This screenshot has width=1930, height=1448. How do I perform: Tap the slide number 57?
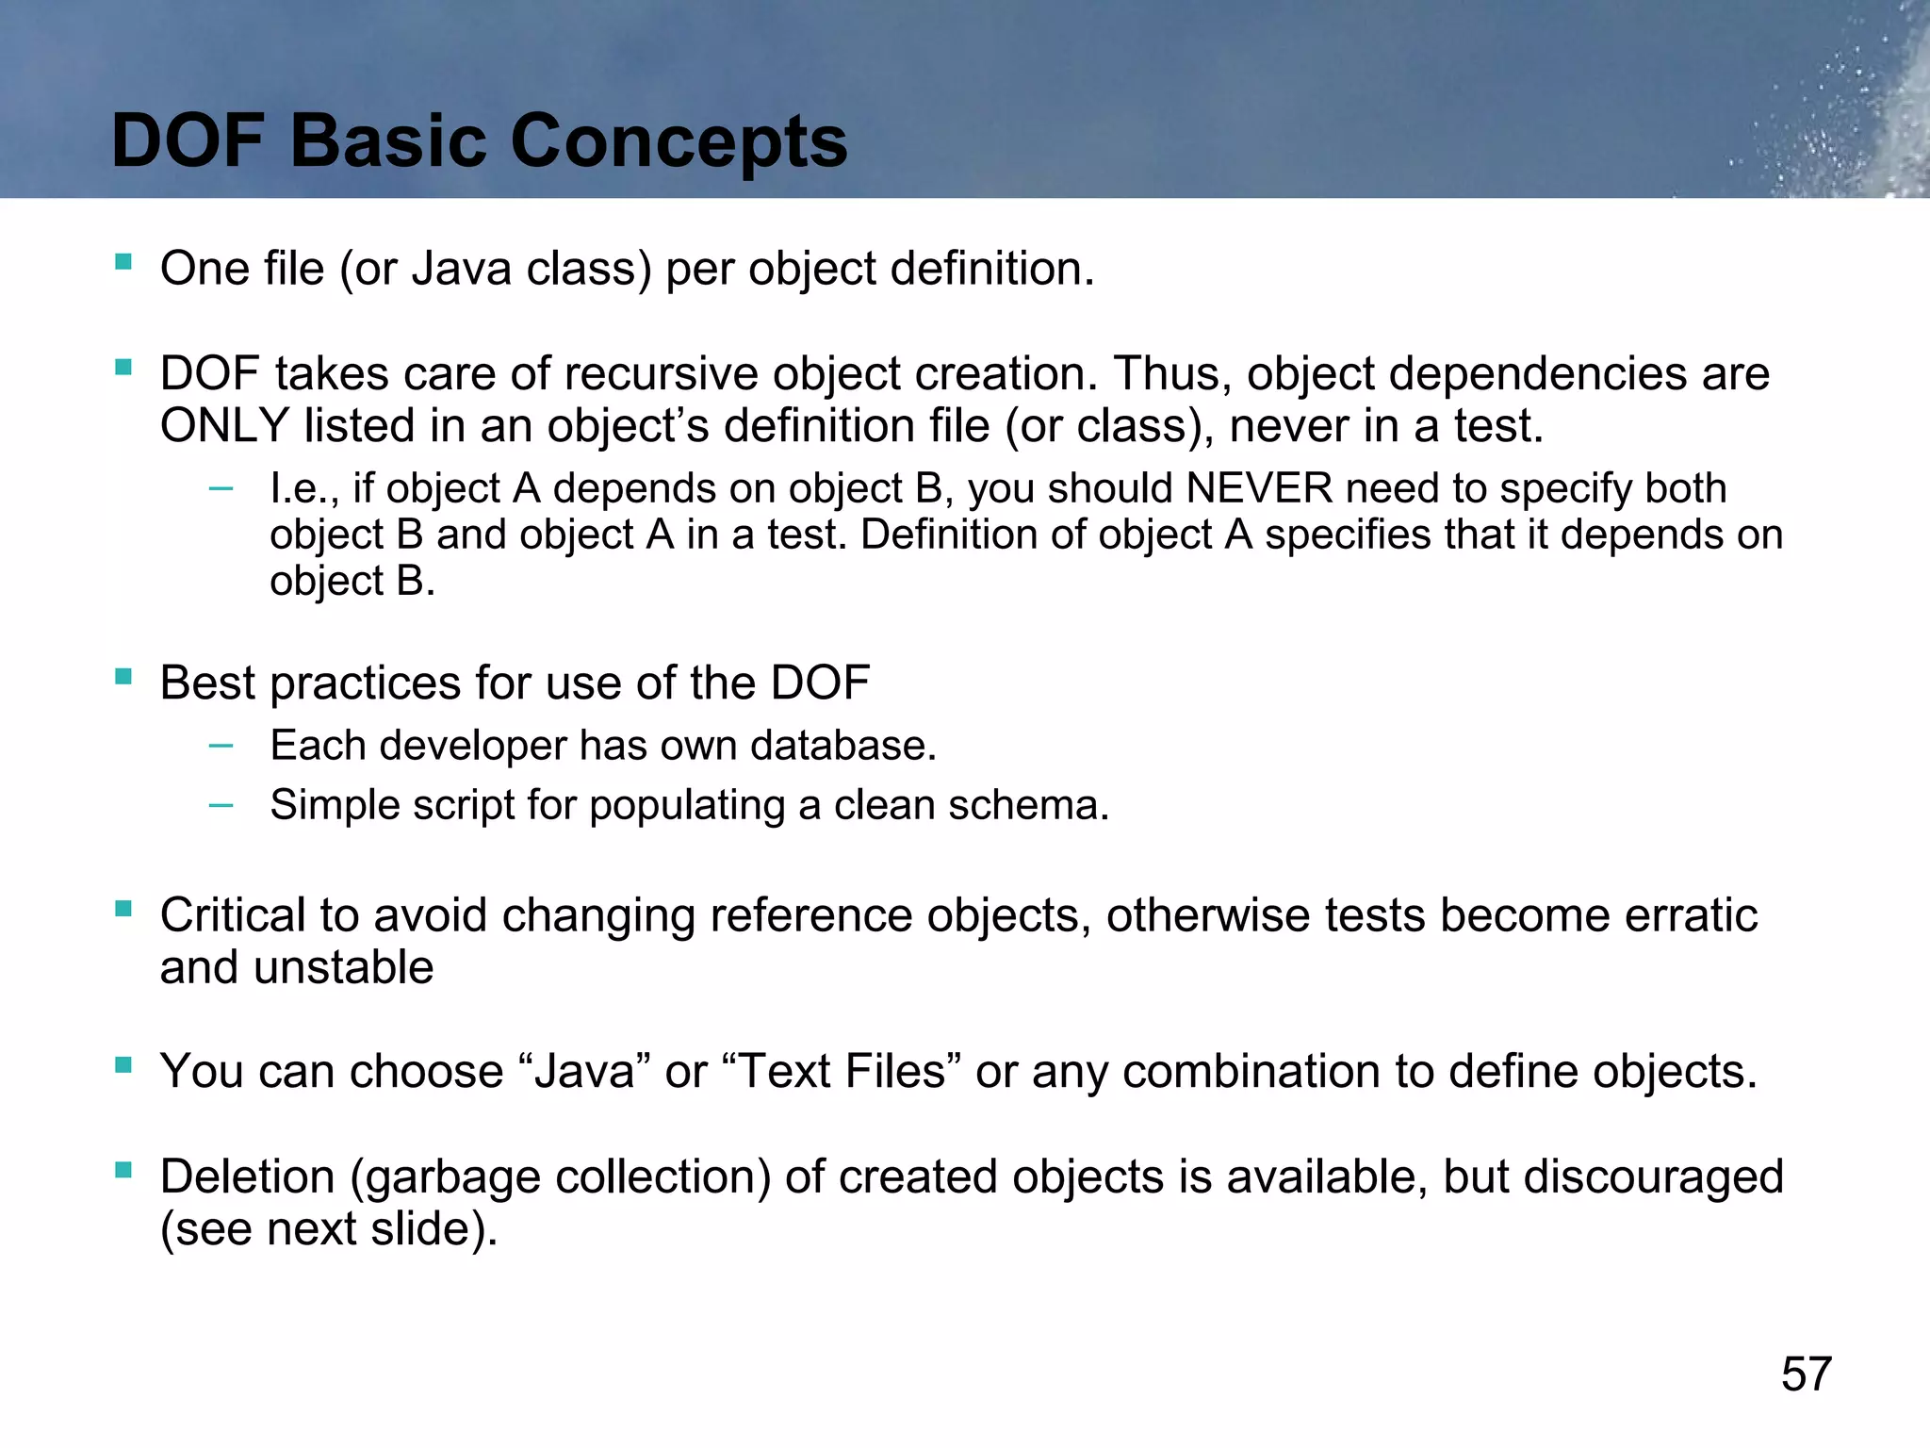click(x=1806, y=1374)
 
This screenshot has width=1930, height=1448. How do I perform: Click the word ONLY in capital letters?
click(x=224, y=426)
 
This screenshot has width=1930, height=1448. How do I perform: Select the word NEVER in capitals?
click(x=1259, y=488)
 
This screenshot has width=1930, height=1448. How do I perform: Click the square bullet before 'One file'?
click(x=123, y=261)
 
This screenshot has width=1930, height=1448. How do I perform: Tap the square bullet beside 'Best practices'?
click(x=123, y=676)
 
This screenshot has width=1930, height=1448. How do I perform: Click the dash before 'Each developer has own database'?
click(x=221, y=746)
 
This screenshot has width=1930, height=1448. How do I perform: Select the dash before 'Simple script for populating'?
click(x=221, y=805)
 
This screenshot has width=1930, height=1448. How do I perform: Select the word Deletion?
click(x=247, y=1176)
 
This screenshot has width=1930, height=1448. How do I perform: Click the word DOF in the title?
click(x=188, y=141)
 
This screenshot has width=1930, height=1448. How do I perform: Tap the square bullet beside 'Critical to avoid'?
click(x=123, y=909)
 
